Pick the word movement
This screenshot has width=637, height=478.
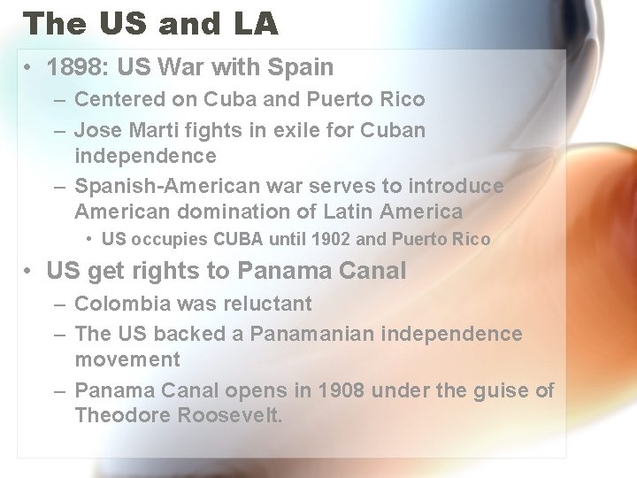point(127,359)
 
